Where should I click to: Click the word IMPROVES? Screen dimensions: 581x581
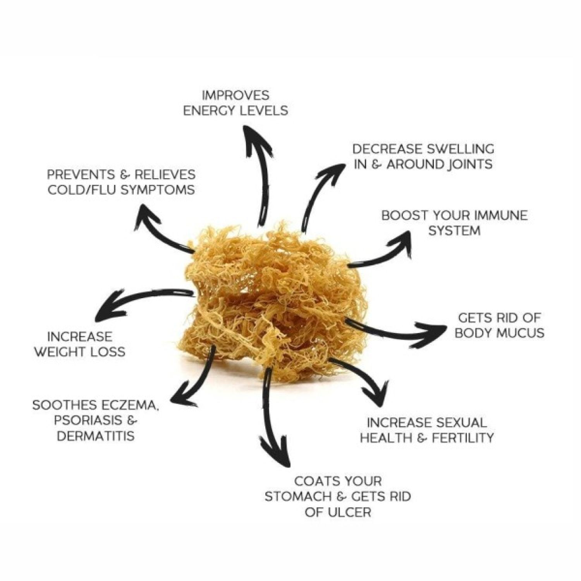236,95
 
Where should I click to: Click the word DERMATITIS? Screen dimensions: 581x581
96,436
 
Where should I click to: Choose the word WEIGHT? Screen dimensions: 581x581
60,352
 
